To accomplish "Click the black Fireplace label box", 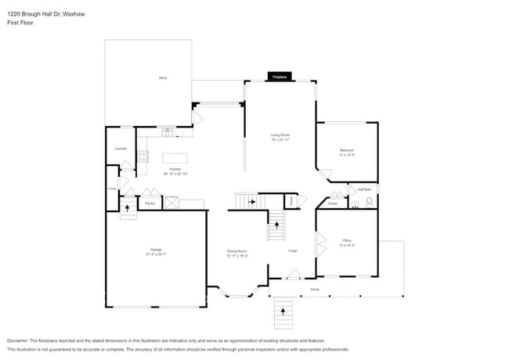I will point(279,77).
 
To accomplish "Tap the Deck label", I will point(163,77).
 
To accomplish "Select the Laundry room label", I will point(121,148).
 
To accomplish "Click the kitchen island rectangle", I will point(175,157).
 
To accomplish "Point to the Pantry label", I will point(150,203).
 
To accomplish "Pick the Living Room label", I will point(280,135).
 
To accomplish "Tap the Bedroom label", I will point(347,149).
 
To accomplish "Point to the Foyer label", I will point(293,250).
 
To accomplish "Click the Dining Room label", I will point(237,250).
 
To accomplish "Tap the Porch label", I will point(315,290).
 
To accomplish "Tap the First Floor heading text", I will point(20,22).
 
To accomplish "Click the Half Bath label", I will point(365,189).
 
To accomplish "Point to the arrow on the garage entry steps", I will point(128,208).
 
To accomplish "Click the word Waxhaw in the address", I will point(73,13).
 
